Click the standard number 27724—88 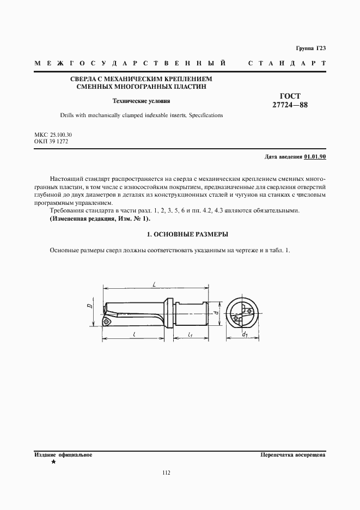pos(290,105)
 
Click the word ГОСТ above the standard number pos(290,96)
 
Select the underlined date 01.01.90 pos(315,157)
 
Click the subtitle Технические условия pos(141,101)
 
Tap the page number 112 pos(167,472)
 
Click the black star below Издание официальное pos(53,462)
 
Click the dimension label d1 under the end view pos(245,333)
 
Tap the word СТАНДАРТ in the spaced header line pos(286,64)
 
